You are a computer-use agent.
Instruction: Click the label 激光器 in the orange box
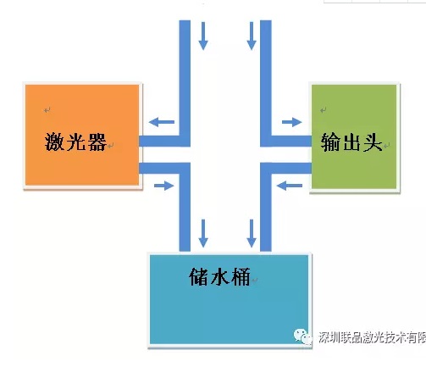(x=75, y=142)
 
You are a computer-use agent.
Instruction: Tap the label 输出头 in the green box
(x=351, y=142)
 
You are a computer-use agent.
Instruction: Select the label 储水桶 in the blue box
(x=219, y=277)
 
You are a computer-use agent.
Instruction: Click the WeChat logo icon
(x=303, y=336)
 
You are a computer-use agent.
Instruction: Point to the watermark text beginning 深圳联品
(x=372, y=337)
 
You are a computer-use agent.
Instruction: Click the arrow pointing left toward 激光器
(x=162, y=122)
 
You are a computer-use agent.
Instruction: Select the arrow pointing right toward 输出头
(x=292, y=122)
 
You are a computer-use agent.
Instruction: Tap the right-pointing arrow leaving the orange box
(x=164, y=186)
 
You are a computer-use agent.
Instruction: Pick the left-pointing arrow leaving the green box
(x=290, y=186)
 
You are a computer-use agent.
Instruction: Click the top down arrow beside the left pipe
(x=203, y=36)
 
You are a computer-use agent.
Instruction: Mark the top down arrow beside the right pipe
(x=252, y=36)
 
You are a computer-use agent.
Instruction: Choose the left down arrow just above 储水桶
(x=203, y=233)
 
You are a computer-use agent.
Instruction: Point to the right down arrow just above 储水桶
(x=252, y=233)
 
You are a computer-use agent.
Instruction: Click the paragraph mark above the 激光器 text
(x=47, y=109)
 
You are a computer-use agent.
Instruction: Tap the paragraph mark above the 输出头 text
(x=324, y=109)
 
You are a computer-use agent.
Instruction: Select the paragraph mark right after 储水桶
(x=254, y=280)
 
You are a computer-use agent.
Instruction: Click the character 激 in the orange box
(x=54, y=142)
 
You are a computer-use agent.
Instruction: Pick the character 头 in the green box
(x=373, y=142)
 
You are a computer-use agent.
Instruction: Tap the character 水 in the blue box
(x=219, y=277)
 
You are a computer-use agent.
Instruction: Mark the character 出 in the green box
(x=351, y=142)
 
